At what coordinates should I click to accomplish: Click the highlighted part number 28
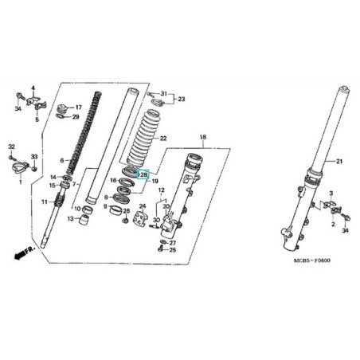(x=143, y=174)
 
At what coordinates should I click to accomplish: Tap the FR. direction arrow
(x=25, y=253)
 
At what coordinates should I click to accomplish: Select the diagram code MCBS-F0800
(x=312, y=260)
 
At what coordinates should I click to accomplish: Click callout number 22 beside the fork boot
(x=163, y=139)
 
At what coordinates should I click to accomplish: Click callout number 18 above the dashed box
(x=203, y=137)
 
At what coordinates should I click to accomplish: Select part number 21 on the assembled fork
(x=339, y=161)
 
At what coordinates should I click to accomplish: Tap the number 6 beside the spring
(x=62, y=160)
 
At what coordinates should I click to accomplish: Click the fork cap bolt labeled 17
(x=63, y=108)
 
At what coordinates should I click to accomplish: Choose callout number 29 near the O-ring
(x=76, y=117)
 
